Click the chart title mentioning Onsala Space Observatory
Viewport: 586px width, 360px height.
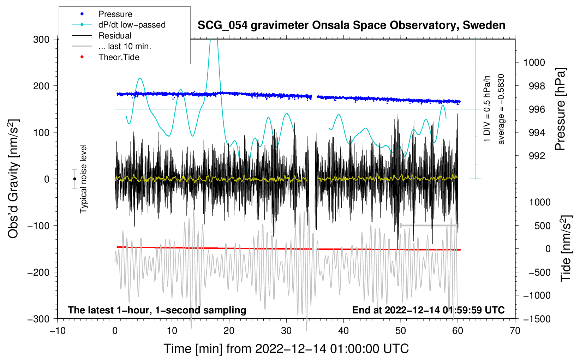point(351,25)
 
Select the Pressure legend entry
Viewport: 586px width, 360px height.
point(115,14)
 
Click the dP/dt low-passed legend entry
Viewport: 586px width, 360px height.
point(132,25)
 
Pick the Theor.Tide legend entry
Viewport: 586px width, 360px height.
point(119,57)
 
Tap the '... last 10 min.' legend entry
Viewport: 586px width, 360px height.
point(125,46)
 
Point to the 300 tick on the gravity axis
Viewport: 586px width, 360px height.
point(41,39)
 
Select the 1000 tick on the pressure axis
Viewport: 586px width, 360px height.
point(534,62)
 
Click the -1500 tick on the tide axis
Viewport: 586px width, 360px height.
point(537,319)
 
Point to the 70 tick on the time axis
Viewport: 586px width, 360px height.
point(515,331)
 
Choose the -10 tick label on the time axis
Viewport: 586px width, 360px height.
point(58,331)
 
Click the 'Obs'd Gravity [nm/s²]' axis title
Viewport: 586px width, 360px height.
point(13,179)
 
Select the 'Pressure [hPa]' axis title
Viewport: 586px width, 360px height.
point(560,109)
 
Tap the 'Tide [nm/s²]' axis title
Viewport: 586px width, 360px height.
point(566,248)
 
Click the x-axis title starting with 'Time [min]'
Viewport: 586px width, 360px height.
point(286,349)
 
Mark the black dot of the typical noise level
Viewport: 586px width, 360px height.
point(74,179)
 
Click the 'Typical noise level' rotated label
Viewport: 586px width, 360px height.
point(83,179)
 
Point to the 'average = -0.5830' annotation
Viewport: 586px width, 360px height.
point(501,109)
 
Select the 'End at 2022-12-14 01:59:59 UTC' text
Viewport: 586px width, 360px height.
point(428,310)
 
